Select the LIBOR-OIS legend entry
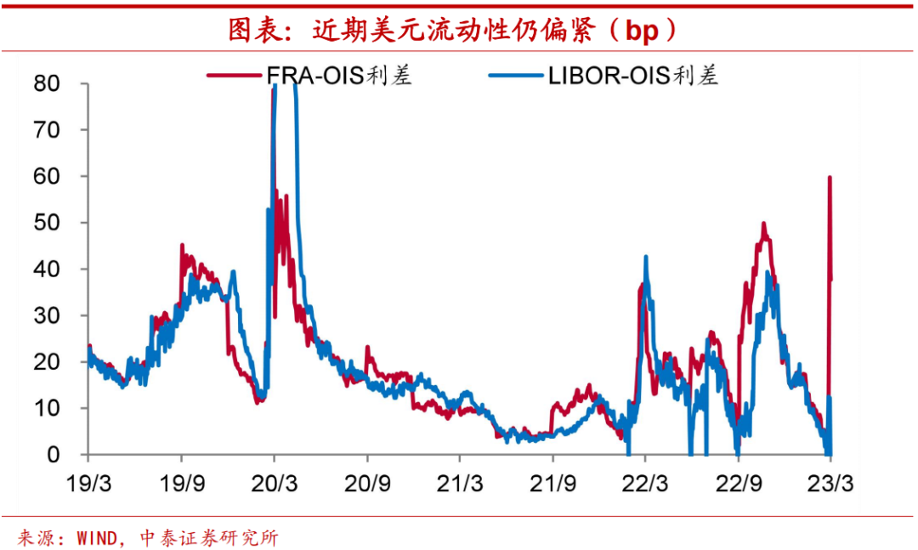point(632,76)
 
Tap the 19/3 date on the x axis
point(88,482)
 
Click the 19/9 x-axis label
point(181,482)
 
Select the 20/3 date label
point(274,482)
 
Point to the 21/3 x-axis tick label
point(460,482)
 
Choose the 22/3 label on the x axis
point(645,482)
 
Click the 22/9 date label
point(738,482)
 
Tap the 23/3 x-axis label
point(830,482)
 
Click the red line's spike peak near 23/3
point(830,178)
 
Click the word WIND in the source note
point(94,538)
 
